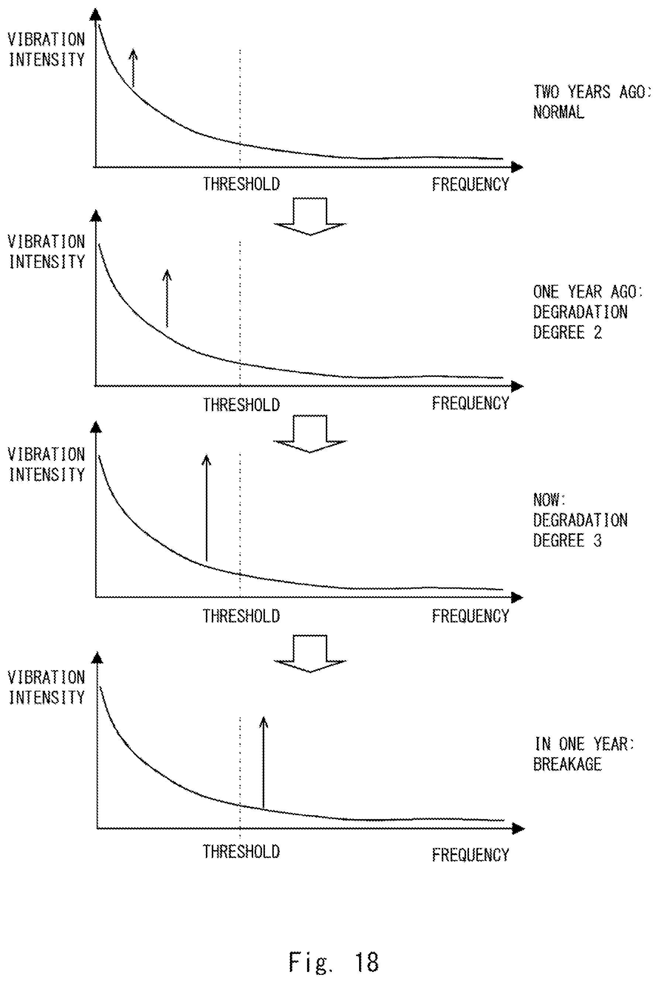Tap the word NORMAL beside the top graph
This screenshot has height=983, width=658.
click(559, 113)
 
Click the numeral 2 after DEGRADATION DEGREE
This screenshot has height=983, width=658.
click(597, 333)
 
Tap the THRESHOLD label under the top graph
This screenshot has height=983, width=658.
click(241, 184)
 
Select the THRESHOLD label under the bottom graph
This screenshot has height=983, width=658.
click(241, 852)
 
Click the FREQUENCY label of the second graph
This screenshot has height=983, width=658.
click(471, 403)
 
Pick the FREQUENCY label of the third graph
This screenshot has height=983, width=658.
click(471, 616)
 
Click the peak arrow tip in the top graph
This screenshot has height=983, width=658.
click(133, 49)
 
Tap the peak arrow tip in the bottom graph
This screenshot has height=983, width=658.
click(263, 717)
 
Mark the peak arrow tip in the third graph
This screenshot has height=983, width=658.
click(206, 455)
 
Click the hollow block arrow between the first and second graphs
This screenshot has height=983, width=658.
click(310, 217)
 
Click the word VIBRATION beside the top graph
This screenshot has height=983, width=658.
click(46, 39)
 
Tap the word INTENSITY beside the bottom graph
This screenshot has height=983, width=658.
click(46, 698)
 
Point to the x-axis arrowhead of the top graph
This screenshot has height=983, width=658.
click(518, 167)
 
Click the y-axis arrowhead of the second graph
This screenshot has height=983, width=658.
click(97, 215)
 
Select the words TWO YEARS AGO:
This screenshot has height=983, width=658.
click(592, 92)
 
